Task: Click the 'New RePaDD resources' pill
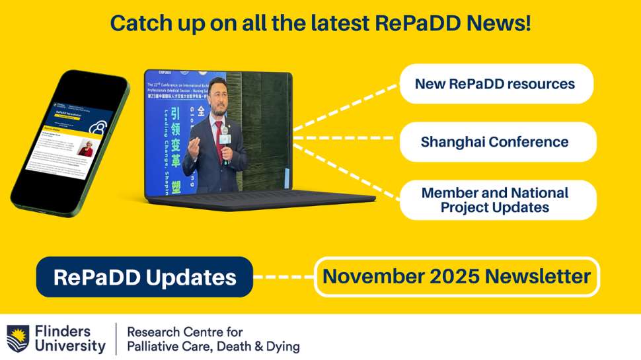496,84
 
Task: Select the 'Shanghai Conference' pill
496,142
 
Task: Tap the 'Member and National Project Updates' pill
496,200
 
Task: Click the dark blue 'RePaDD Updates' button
144,277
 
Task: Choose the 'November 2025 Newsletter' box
457,276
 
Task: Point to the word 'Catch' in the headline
136,22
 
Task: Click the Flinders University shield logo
17,338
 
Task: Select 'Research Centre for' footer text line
184,331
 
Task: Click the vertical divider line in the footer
116,338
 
